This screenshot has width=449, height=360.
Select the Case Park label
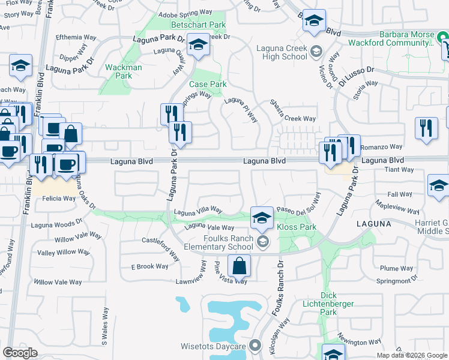(208, 85)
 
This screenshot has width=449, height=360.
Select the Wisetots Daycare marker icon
(255, 346)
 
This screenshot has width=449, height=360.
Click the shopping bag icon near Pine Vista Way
(239, 266)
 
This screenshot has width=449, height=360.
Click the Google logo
(20, 352)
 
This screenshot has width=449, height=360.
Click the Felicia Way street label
(59, 198)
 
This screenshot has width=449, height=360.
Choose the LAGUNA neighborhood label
(373, 223)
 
